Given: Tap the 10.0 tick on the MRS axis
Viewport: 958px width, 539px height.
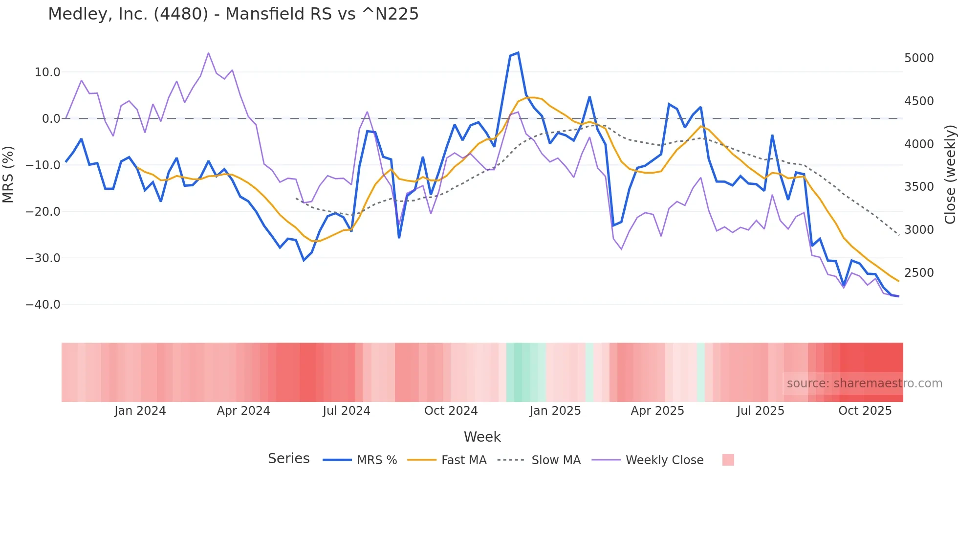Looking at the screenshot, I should (x=47, y=72).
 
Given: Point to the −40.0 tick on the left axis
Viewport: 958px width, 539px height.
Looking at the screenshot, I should (x=43, y=304).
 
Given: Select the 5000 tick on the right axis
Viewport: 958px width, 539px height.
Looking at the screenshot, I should (x=919, y=58).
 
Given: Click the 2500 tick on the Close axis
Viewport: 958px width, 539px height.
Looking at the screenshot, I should (x=919, y=273).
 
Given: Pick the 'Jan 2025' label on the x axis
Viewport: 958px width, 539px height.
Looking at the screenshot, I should (x=555, y=411).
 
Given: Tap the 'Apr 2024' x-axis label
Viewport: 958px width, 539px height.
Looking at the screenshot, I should (x=243, y=411).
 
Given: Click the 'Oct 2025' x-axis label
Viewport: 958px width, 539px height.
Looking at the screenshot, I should (x=865, y=411).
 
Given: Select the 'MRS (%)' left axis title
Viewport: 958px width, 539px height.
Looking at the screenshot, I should (x=8, y=174).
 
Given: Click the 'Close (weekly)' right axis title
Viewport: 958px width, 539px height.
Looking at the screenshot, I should (x=950, y=175).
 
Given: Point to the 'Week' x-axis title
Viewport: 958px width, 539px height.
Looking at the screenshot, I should (x=482, y=437).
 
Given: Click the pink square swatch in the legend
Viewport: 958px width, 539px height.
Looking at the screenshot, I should (x=728, y=460).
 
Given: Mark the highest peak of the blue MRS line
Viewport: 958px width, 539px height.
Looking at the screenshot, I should (x=518, y=53).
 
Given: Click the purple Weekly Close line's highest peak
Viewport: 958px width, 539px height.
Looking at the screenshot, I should (x=209, y=53).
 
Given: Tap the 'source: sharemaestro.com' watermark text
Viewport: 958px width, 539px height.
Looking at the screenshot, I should (x=864, y=383).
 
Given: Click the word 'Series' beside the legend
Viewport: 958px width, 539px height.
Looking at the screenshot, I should (x=288, y=459).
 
